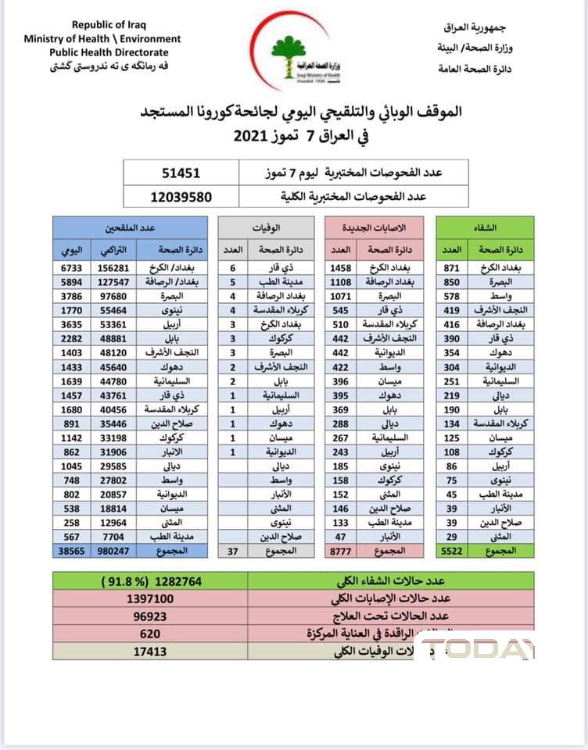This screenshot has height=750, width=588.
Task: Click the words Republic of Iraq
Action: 102,26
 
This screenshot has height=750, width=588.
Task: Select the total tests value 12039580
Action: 181,197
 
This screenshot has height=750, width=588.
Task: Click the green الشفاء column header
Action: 485,227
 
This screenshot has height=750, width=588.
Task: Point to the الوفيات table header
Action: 267,227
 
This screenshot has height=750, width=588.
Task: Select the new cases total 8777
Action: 341,551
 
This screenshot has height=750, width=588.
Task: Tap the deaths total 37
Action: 232,551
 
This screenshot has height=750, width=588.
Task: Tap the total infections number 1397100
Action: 149,598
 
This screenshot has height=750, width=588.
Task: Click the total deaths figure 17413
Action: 149,650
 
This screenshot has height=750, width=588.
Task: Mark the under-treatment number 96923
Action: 149,616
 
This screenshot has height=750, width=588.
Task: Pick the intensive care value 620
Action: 149,633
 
